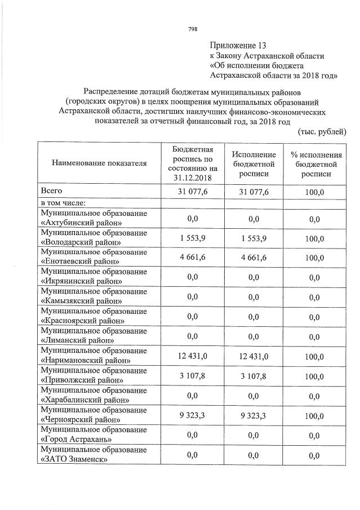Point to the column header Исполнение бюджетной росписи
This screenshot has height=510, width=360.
point(253,164)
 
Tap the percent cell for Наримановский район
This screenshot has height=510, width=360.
point(314,357)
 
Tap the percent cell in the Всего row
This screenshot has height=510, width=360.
point(314,192)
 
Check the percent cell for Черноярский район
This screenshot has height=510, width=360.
point(314,416)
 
